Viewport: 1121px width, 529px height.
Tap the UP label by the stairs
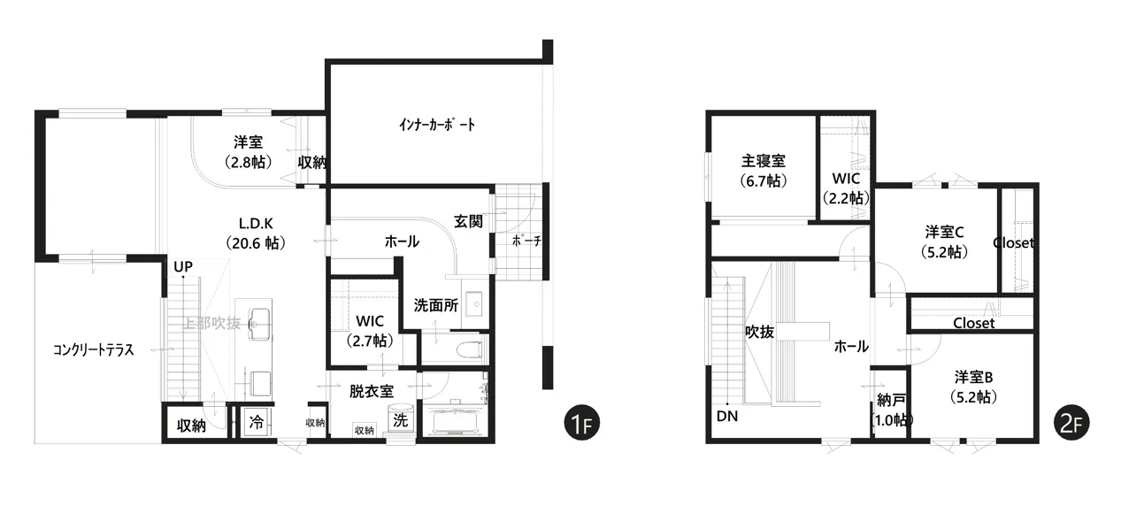(183, 267)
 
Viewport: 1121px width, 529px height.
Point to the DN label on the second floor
(727, 416)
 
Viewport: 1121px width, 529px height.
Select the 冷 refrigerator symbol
(257, 422)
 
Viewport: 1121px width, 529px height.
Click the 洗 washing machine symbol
(400, 419)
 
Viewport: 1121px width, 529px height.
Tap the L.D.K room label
(256, 224)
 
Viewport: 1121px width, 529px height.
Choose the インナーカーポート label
(437, 125)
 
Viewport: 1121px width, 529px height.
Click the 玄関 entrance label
(468, 221)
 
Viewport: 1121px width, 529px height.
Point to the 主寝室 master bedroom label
(764, 161)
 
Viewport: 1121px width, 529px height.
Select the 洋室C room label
(944, 233)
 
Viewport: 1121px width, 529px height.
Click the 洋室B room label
(973, 377)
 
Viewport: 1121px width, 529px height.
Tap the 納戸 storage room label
(891, 401)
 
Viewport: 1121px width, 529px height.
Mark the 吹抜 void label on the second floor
(760, 332)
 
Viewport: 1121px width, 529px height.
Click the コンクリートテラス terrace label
(94, 349)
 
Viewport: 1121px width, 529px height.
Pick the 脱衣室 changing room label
(372, 391)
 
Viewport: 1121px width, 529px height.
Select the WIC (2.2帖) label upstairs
(846, 188)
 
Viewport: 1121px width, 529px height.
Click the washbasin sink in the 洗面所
(473, 303)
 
